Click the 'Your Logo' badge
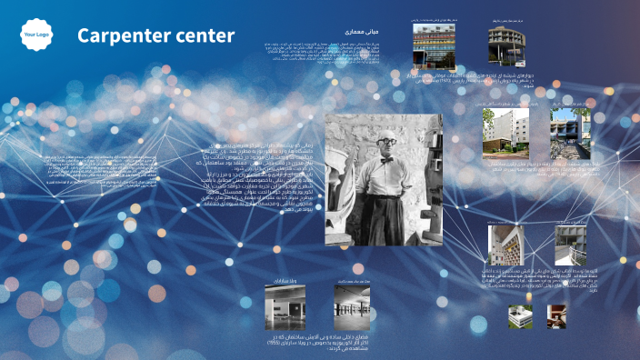pos(36,35)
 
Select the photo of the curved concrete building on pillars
pos(506,45)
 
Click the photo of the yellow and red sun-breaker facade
pos(505,245)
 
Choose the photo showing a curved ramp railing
pos(573,245)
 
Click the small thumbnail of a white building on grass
pos(521,316)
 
